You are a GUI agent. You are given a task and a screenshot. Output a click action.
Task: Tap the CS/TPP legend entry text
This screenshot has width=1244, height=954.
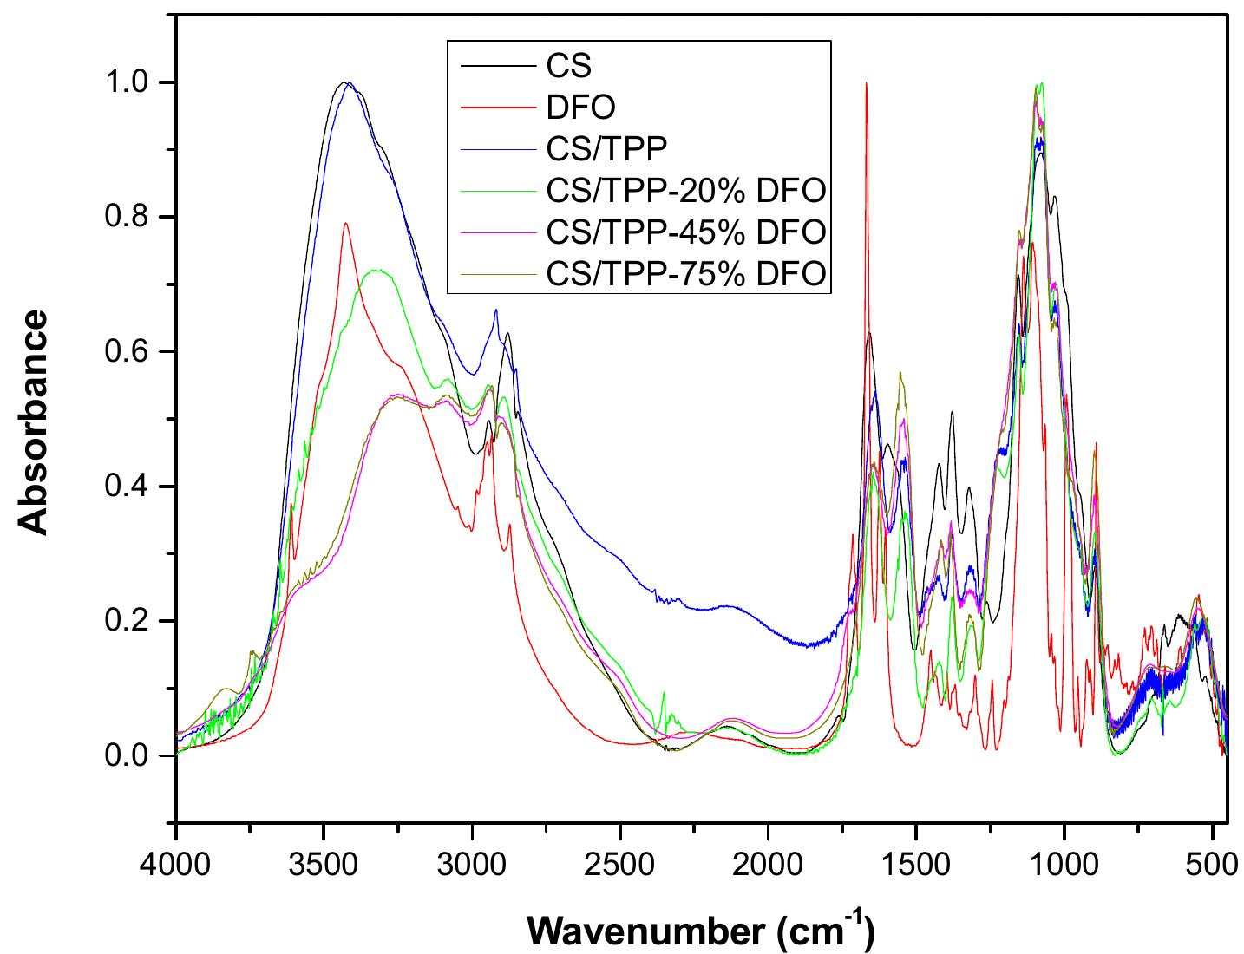[x=606, y=148]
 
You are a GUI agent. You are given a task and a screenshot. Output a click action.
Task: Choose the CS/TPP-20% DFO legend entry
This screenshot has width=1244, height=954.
[x=685, y=190]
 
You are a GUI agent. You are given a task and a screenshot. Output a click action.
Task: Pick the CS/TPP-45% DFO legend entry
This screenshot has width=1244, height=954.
[x=685, y=232]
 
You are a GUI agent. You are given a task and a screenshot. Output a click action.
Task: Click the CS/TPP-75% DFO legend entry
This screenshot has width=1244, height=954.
[x=685, y=273]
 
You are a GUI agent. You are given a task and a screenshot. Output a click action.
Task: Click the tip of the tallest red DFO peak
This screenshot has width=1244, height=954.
[x=866, y=83]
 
